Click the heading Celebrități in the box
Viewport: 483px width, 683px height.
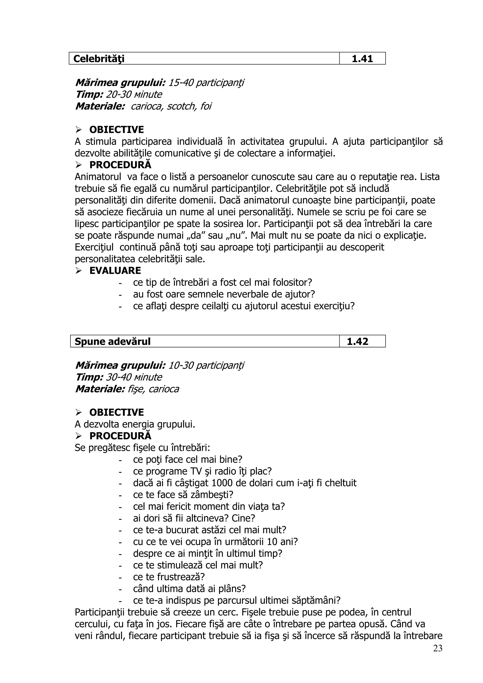99,59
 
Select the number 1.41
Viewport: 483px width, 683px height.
362,59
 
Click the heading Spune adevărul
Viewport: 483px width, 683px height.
112,341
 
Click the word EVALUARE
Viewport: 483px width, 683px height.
115,271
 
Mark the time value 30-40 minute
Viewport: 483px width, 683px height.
134,377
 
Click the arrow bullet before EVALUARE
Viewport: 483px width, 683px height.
79,271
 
